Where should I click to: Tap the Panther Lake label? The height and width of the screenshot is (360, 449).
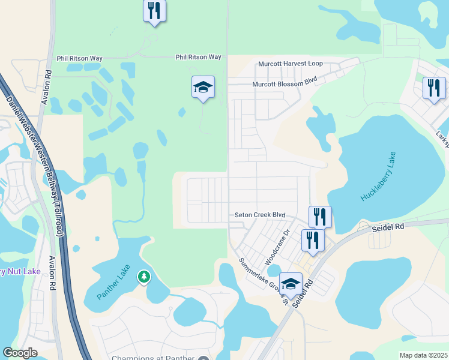click(117, 284)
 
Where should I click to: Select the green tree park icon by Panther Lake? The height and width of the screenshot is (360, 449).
click(143, 277)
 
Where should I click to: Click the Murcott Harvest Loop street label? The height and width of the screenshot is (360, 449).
click(291, 64)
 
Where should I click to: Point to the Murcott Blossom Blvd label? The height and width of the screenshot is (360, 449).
click(284, 85)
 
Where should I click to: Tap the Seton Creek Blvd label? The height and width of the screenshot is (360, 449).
click(259, 215)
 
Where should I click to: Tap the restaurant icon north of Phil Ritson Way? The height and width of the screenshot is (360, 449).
click(155, 10)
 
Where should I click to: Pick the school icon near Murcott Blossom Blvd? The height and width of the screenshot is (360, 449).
click(203, 88)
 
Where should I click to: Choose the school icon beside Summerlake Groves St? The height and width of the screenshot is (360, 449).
click(291, 284)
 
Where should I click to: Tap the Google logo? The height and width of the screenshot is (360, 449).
click(20, 353)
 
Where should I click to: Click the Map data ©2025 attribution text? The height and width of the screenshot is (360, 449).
click(423, 355)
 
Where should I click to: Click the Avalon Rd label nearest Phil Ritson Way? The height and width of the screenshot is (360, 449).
click(46, 87)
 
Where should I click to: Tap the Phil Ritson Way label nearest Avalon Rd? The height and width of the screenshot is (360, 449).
click(79, 58)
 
